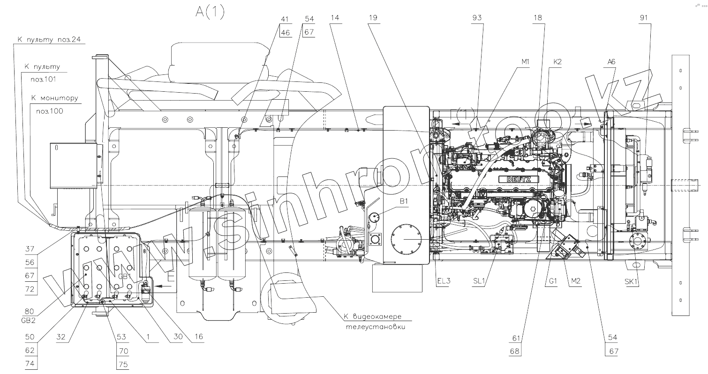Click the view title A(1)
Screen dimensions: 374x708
(210, 13)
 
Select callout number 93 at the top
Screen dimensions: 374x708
(477, 18)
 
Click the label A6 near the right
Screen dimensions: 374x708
(611, 62)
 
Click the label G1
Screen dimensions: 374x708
(553, 282)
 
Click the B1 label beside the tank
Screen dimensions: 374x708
(404, 201)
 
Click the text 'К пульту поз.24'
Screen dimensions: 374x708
(49, 40)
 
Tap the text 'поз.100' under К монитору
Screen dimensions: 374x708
(49, 111)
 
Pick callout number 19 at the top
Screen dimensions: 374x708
(373, 18)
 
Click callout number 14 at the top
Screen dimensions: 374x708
(334, 18)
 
